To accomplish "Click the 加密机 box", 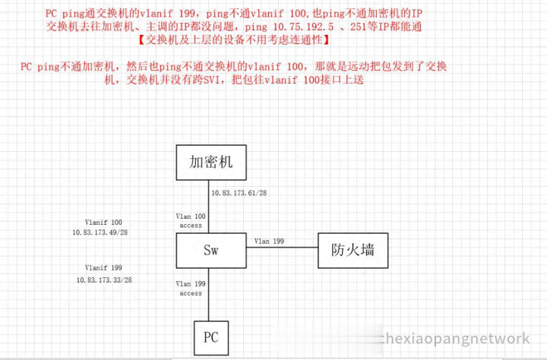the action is click(x=211, y=163).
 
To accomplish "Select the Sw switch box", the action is click(x=211, y=251).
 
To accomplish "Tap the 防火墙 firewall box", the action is click(x=353, y=251).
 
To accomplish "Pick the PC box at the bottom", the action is click(x=211, y=338).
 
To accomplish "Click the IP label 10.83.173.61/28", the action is click(x=239, y=193).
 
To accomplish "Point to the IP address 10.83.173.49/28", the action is click(x=100, y=232).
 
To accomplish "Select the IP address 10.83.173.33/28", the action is click(x=104, y=279).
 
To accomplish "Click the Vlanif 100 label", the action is click(x=103, y=223).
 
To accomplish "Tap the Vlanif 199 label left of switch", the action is click(x=103, y=267).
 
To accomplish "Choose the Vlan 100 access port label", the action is click(x=191, y=221).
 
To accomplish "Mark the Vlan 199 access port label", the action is click(x=191, y=289).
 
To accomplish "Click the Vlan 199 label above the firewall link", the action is click(x=269, y=241).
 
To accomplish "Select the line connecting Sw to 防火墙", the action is click(x=282, y=248).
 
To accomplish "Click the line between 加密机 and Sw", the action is click(x=209, y=207).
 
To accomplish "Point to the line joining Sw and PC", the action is click(x=209, y=295).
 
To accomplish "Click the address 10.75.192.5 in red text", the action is click(x=303, y=27).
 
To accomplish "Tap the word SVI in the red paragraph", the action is click(x=211, y=80).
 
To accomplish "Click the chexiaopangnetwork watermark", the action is click(x=454, y=339).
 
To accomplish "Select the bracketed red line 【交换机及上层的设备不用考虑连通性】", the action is click(x=234, y=39).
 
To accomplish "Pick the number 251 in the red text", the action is click(x=359, y=27).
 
